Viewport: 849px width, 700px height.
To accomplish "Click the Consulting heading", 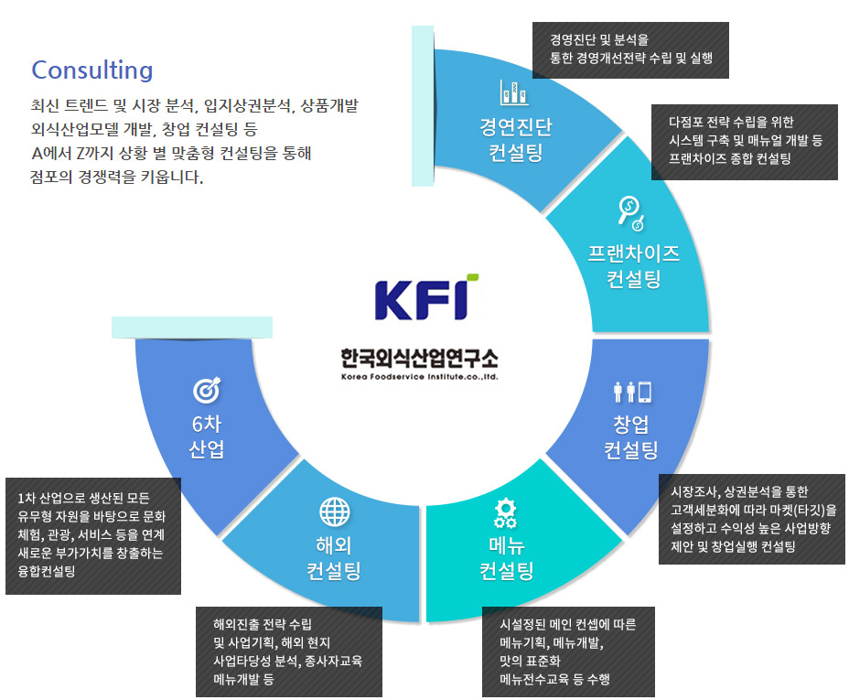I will tap(92, 70).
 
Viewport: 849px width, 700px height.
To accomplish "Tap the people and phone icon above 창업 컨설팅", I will tap(632, 392).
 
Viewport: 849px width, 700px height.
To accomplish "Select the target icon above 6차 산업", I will tap(207, 391).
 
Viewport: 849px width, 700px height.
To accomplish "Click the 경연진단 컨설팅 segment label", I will tap(515, 139).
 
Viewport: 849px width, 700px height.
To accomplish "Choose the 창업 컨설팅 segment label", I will tap(631, 437).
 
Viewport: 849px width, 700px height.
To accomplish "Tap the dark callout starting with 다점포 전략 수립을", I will tap(744, 141).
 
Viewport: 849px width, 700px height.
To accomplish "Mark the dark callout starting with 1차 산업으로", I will tap(92, 535).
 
